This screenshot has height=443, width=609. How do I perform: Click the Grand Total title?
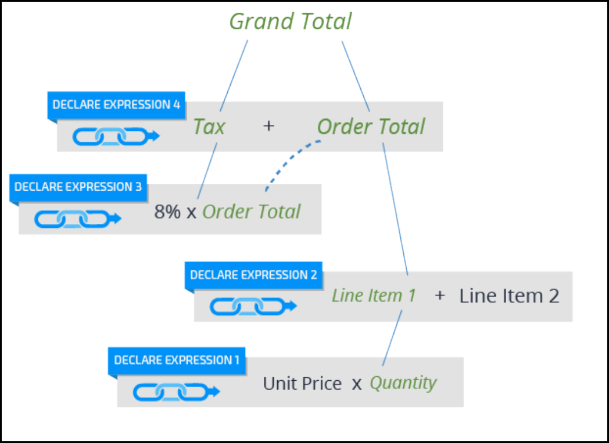pyautogui.click(x=291, y=22)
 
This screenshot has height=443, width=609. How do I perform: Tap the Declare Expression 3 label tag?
pyautogui.click(x=78, y=187)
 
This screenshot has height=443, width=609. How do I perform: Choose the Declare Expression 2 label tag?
pyautogui.click(x=253, y=275)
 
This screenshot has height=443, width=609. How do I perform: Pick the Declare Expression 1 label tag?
pyautogui.click(x=177, y=360)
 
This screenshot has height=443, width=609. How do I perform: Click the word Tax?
pyautogui.click(x=209, y=127)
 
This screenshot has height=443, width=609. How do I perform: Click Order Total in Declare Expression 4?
pyautogui.click(x=371, y=127)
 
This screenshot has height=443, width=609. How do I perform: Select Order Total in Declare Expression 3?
pyautogui.click(x=252, y=212)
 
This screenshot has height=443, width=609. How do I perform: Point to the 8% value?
pyautogui.click(x=167, y=212)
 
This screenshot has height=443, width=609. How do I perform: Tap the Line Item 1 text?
pyautogui.click(x=374, y=296)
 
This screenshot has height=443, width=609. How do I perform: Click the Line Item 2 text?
pyautogui.click(x=509, y=296)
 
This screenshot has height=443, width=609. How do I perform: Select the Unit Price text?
pyautogui.click(x=302, y=384)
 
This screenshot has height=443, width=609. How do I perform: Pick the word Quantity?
pyautogui.click(x=403, y=383)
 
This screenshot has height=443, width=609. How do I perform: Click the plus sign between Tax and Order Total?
pyautogui.click(x=268, y=126)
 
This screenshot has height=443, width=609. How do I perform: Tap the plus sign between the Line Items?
pyautogui.click(x=440, y=296)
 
